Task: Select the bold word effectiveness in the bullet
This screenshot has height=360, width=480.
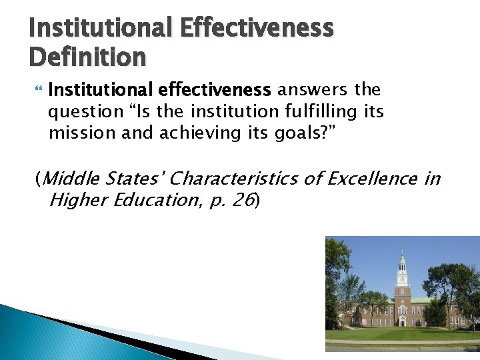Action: (215, 89)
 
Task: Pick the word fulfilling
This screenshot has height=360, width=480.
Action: (322, 111)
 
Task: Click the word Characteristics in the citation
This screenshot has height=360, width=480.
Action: (255, 179)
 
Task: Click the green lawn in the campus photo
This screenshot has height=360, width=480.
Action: (400, 333)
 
